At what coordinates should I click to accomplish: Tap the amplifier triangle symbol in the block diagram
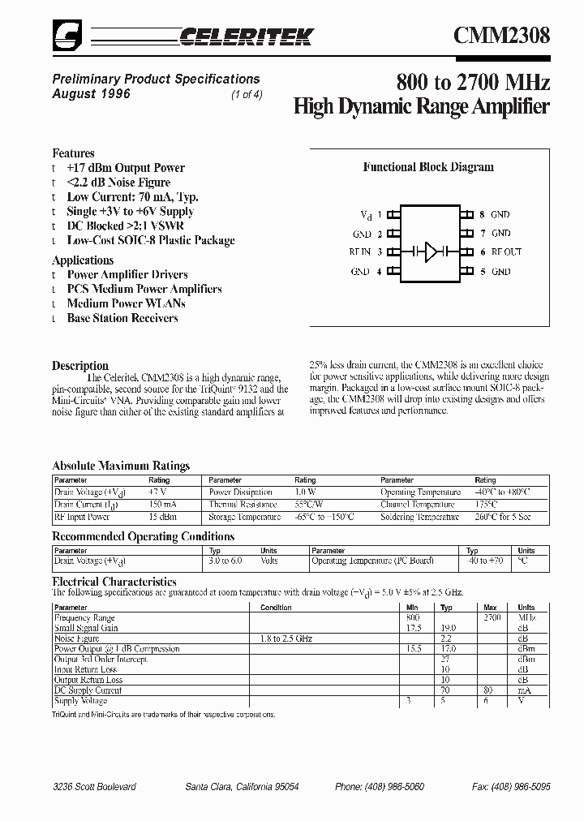(x=431, y=252)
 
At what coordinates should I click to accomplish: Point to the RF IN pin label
(x=359, y=252)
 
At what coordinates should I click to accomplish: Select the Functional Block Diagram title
(x=427, y=167)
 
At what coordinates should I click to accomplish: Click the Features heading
(x=73, y=153)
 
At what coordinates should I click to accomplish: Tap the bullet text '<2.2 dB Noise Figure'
(x=118, y=183)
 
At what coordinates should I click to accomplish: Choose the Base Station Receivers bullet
(x=122, y=318)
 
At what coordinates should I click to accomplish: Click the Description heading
(x=80, y=365)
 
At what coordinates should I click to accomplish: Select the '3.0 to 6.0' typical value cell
(x=226, y=561)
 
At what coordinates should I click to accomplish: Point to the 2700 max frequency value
(x=492, y=618)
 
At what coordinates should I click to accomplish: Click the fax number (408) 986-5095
(x=511, y=787)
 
